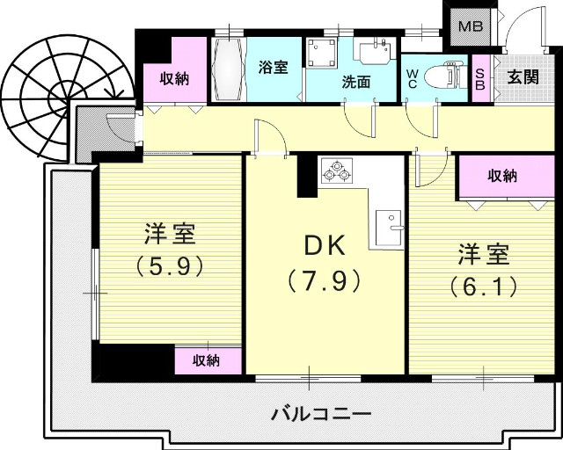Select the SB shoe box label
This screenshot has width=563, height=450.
480,77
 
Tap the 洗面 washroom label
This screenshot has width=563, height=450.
356,83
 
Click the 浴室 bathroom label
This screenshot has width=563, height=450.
274,66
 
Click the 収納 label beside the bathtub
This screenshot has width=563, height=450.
175,78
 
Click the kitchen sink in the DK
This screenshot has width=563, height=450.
387,229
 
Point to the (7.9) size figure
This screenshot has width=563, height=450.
323,282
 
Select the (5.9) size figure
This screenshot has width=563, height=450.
170,264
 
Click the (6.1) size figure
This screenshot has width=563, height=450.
482,286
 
